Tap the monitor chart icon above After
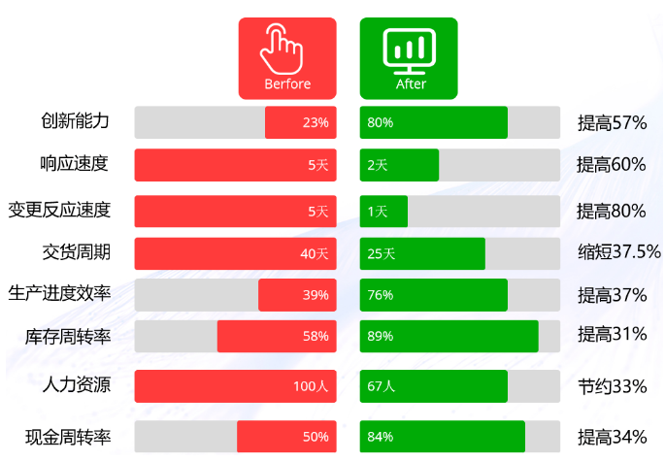(410, 48)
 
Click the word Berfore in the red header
(287, 84)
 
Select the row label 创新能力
(75, 122)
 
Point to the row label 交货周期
(75, 253)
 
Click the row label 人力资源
(75, 385)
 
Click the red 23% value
(316, 123)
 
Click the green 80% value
(380, 123)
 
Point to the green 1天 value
(377, 211)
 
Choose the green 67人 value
(381, 386)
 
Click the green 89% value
(380, 337)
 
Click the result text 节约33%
(612, 386)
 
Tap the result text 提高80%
(612, 211)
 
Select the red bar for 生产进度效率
(296, 295)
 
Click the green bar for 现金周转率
(442, 437)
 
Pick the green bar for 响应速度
(399, 165)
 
